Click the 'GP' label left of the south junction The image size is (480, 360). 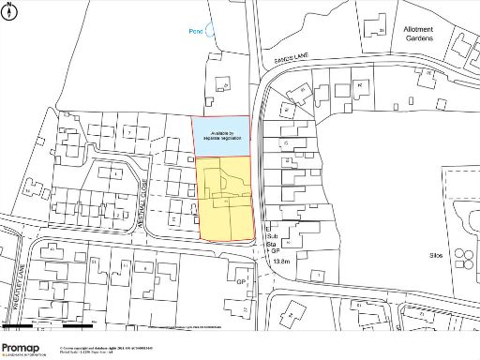240,282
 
